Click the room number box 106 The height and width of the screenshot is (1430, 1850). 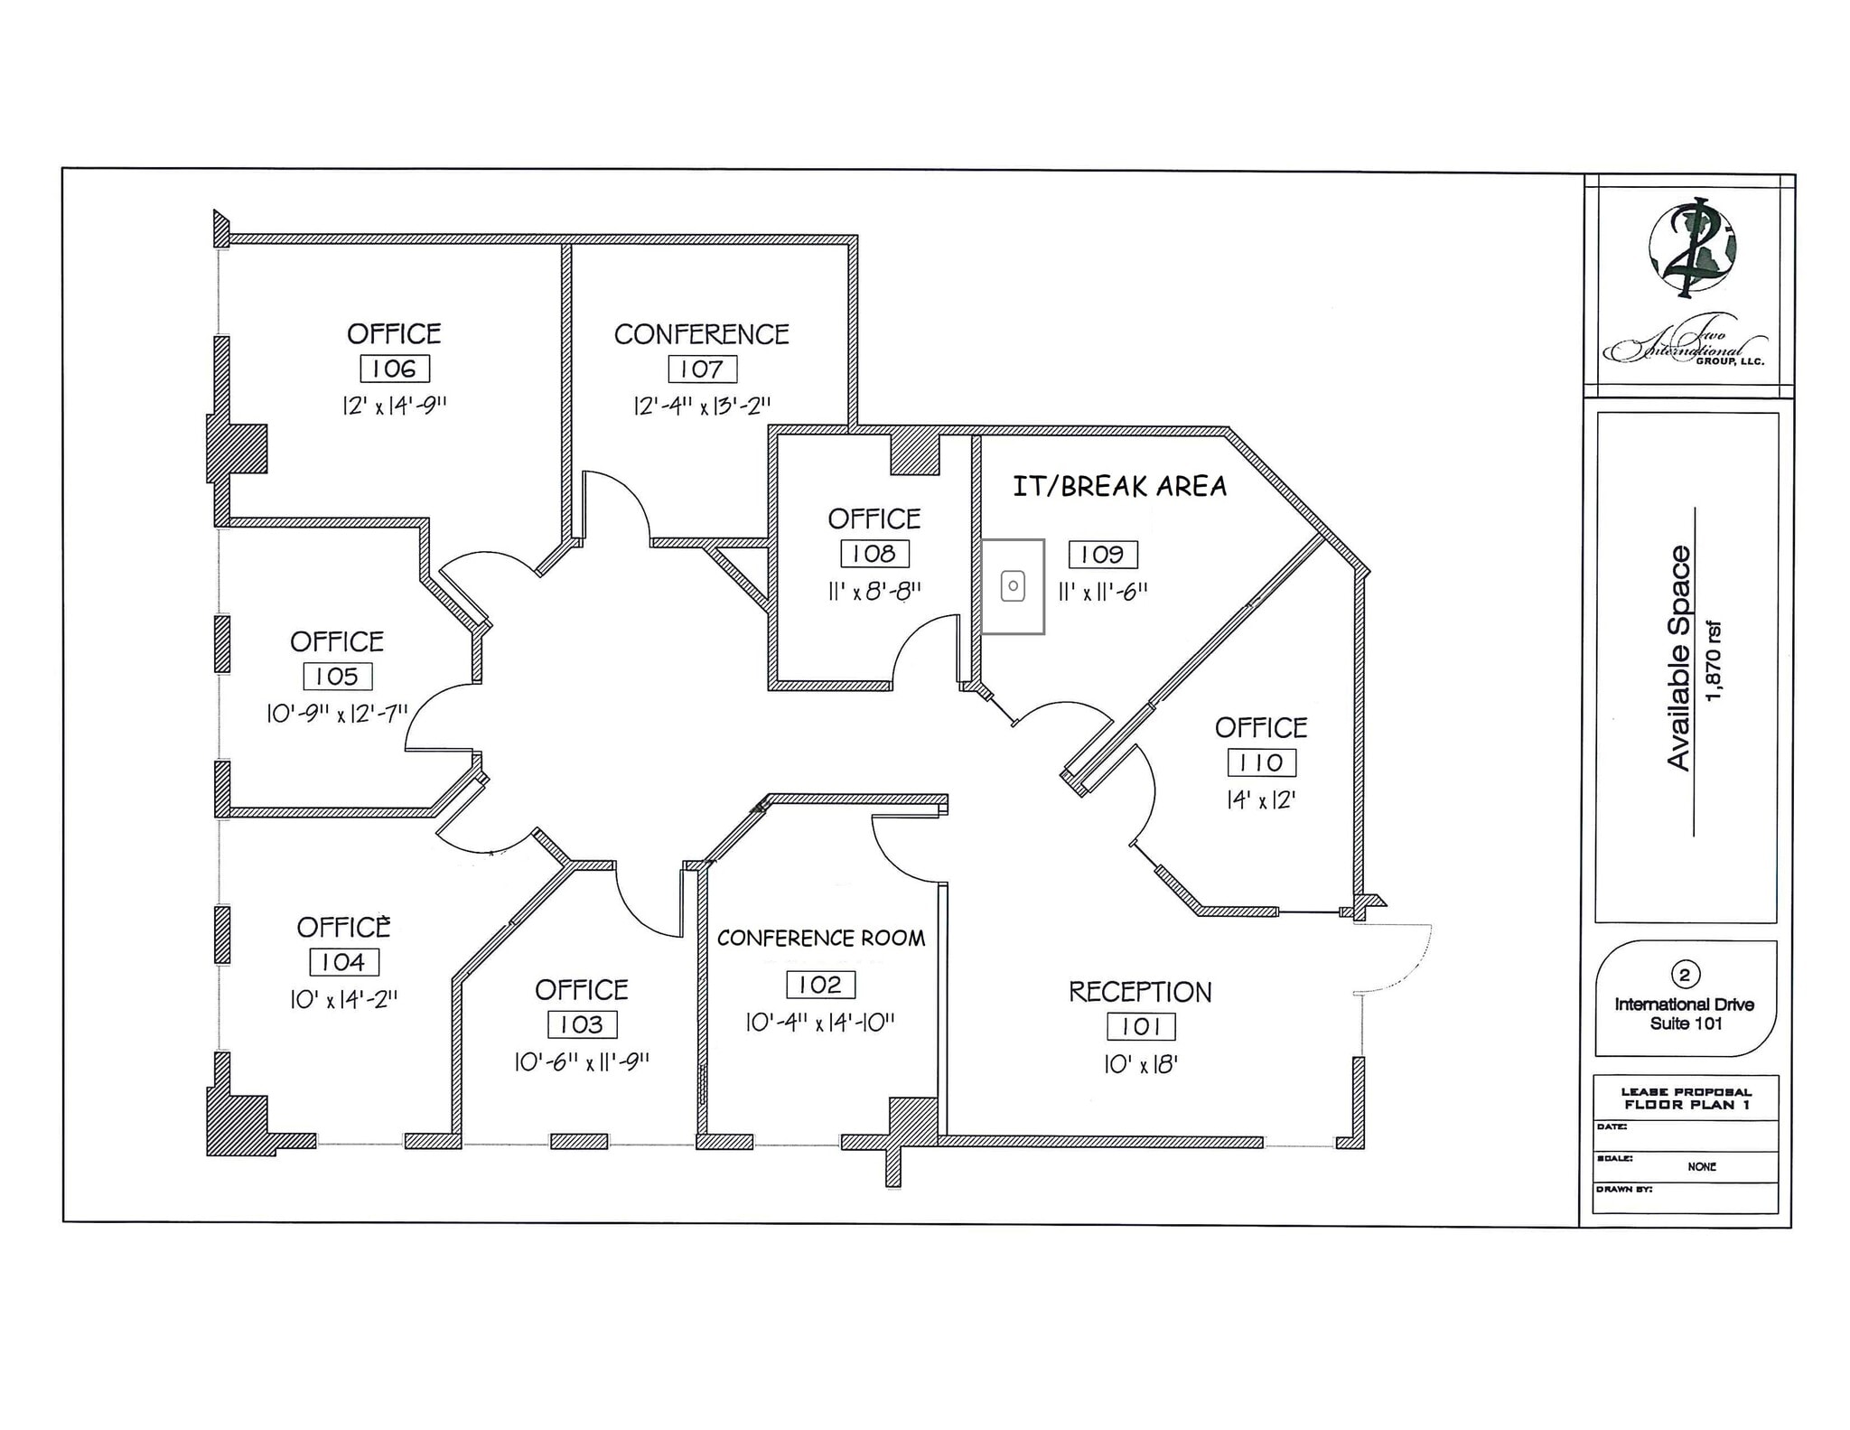(x=395, y=369)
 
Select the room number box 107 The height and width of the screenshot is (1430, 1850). (x=702, y=369)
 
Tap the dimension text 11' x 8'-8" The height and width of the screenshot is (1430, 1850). (x=874, y=592)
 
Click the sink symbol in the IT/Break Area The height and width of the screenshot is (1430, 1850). (x=1013, y=587)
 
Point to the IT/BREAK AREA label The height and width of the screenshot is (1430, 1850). (x=1119, y=487)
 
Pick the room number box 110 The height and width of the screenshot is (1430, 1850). (x=1261, y=762)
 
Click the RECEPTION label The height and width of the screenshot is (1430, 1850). (x=1140, y=992)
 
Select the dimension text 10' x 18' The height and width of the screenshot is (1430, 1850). (x=1140, y=1064)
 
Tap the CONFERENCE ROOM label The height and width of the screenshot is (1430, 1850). (x=820, y=939)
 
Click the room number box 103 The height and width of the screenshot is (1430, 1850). (x=582, y=1024)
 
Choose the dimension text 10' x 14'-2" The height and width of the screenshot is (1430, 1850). (x=343, y=1000)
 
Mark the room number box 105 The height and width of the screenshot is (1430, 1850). (x=337, y=676)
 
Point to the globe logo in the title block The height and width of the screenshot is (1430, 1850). (x=1691, y=248)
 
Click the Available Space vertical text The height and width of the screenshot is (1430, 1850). (x=1678, y=658)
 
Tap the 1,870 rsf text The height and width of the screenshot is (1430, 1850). (x=1714, y=660)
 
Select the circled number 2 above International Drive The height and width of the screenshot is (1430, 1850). (x=1684, y=975)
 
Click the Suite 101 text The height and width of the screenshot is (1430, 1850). (x=1686, y=1023)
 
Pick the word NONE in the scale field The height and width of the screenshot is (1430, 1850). (x=1701, y=1166)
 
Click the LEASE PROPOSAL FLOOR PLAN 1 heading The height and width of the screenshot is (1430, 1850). (x=1686, y=1098)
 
